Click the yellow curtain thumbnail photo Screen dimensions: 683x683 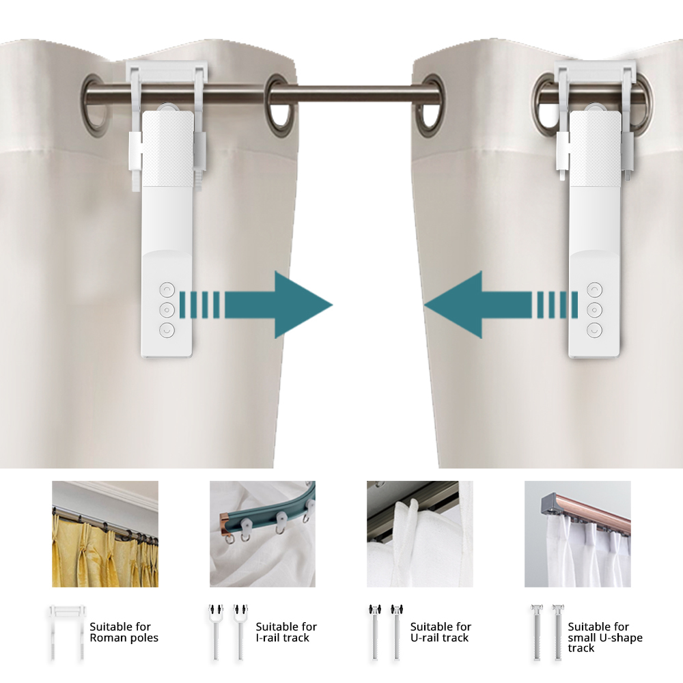point(105,534)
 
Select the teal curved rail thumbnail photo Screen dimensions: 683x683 point(262,534)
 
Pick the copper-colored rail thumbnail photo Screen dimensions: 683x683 point(577,534)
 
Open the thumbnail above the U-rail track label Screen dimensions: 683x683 point(420,534)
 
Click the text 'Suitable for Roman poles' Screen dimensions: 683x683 point(124,632)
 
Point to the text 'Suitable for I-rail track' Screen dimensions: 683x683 point(286,632)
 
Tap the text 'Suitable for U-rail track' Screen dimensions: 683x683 point(441,632)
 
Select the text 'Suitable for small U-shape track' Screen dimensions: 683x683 point(605,637)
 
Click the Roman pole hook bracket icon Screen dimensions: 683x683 point(66,632)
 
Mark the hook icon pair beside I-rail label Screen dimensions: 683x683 point(225,632)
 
